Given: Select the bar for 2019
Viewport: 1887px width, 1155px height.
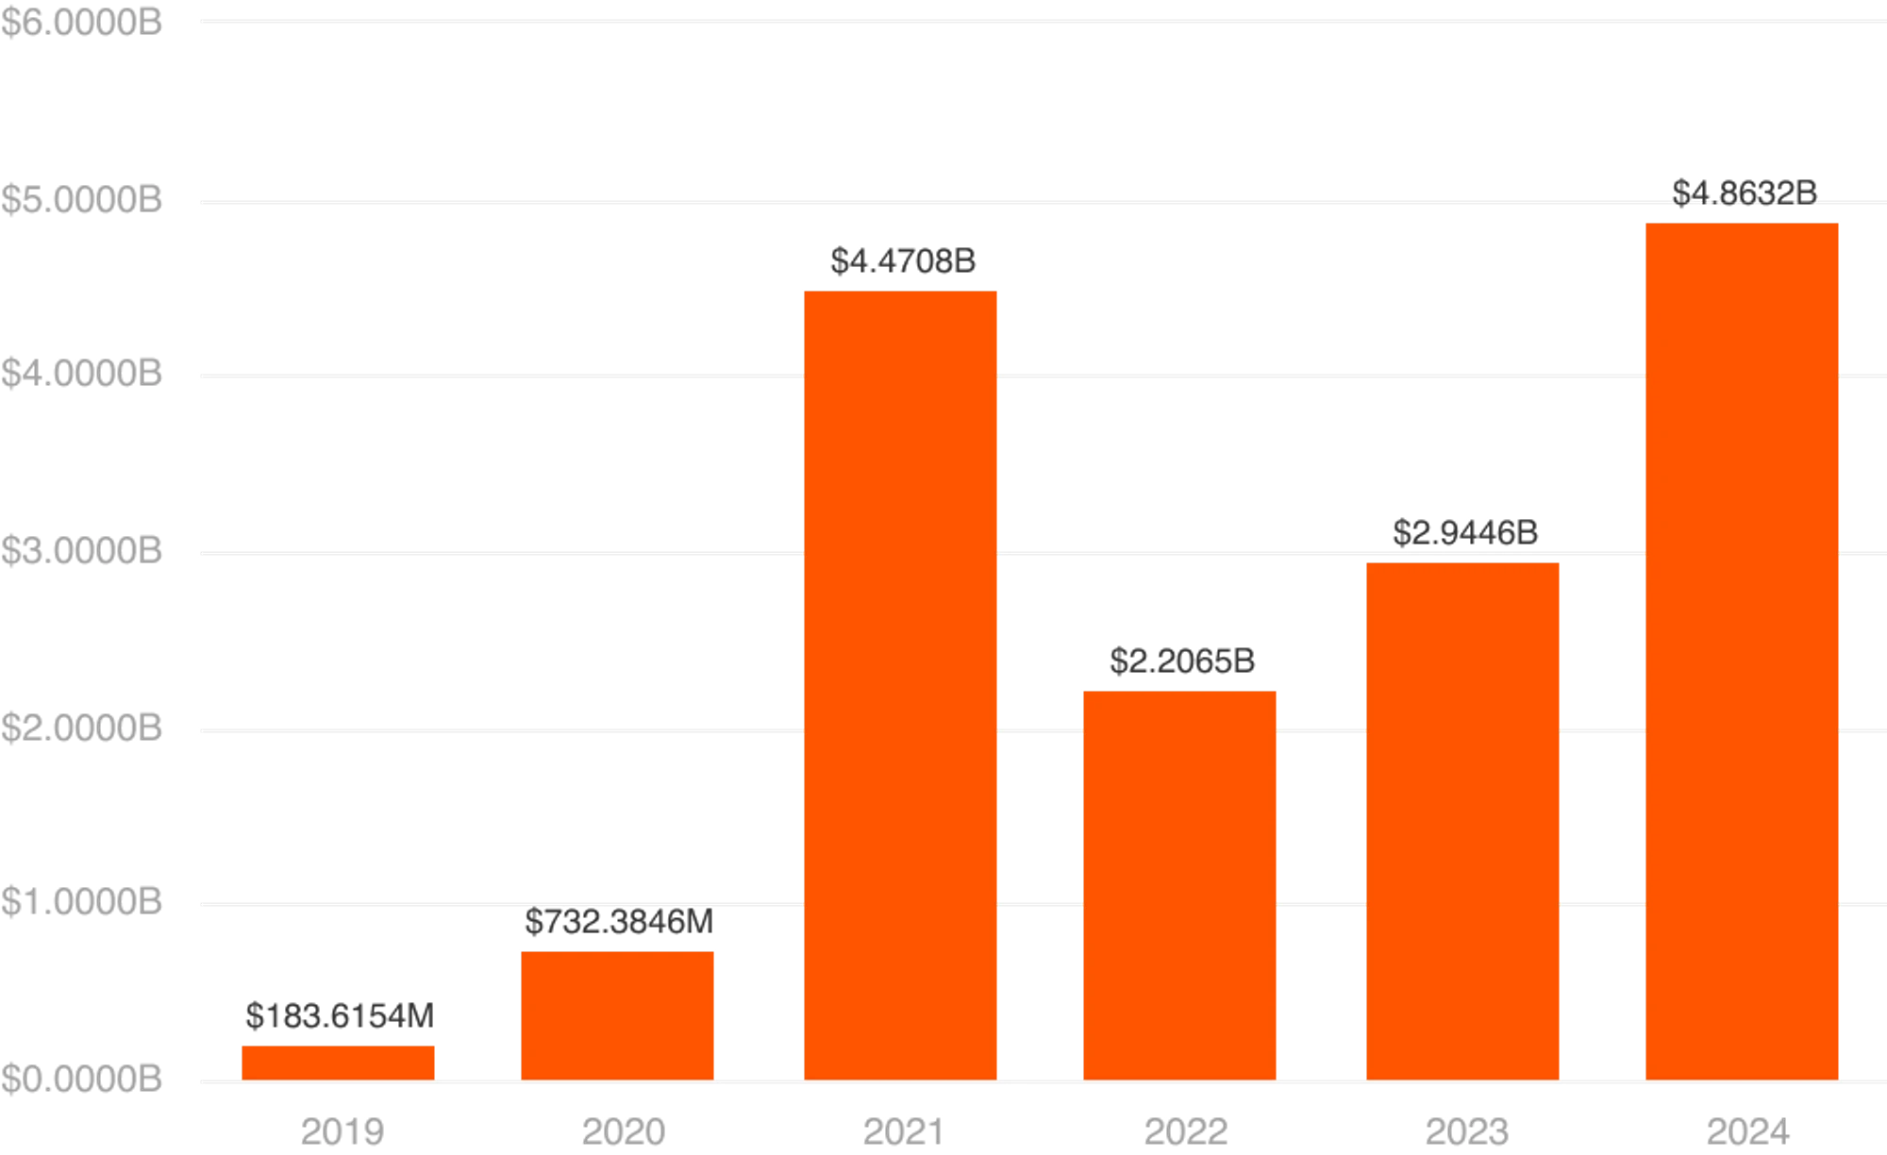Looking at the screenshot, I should point(339,1061).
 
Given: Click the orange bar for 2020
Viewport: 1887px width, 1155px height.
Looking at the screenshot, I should point(618,1014).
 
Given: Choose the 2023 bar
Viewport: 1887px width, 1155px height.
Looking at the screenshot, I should point(1463,820).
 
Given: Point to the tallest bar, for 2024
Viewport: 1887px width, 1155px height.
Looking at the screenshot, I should point(1743,650).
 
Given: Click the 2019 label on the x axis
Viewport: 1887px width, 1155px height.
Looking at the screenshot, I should point(339,1131).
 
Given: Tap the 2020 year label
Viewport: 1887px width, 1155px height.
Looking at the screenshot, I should point(624,1131).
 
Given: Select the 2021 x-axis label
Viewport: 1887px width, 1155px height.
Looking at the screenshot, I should point(902,1131).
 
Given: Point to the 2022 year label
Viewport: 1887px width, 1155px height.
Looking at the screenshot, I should point(1184,1131).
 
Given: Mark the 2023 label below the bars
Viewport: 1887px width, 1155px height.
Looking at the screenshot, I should point(1464,1131).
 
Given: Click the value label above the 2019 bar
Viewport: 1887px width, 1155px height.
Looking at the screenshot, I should point(339,1016).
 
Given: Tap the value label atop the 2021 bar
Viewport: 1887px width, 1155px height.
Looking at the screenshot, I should point(902,261).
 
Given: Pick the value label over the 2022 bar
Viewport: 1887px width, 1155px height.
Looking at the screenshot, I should point(1183,661).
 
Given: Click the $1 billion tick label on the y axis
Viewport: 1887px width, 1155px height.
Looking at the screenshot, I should point(83,904).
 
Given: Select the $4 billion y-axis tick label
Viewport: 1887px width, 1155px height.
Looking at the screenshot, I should point(83,376).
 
